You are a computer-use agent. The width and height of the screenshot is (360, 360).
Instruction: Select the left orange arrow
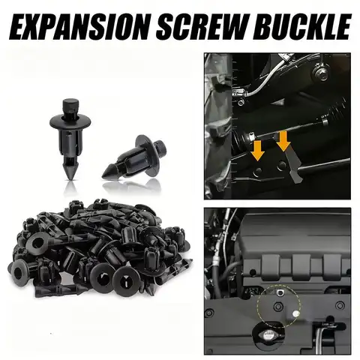(258, 151)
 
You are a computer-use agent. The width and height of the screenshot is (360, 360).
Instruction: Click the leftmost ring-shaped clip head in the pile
(24, 267)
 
